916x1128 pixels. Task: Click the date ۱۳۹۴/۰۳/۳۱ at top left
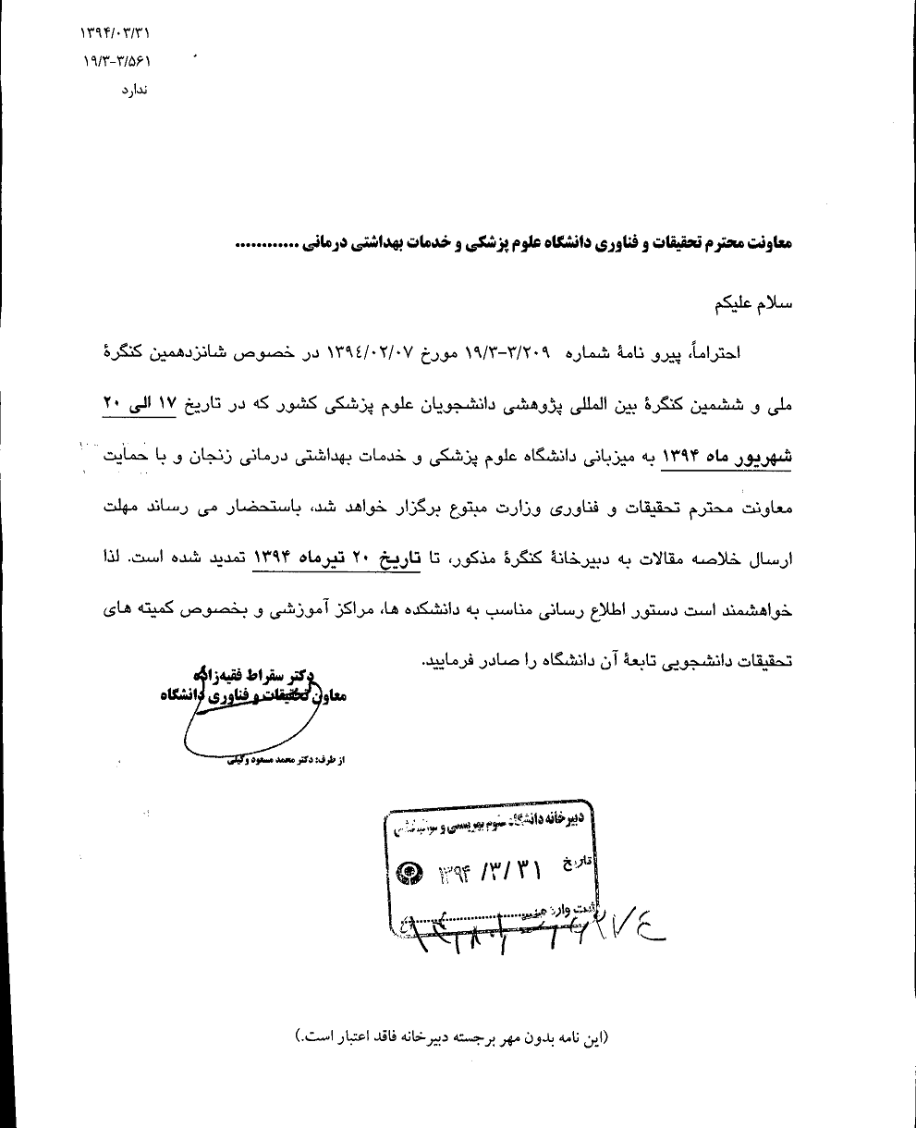point(116,34)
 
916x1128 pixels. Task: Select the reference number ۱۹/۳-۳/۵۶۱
point(116,62)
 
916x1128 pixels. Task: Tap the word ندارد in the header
point(134,91)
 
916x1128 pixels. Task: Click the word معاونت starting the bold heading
point(763,245)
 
